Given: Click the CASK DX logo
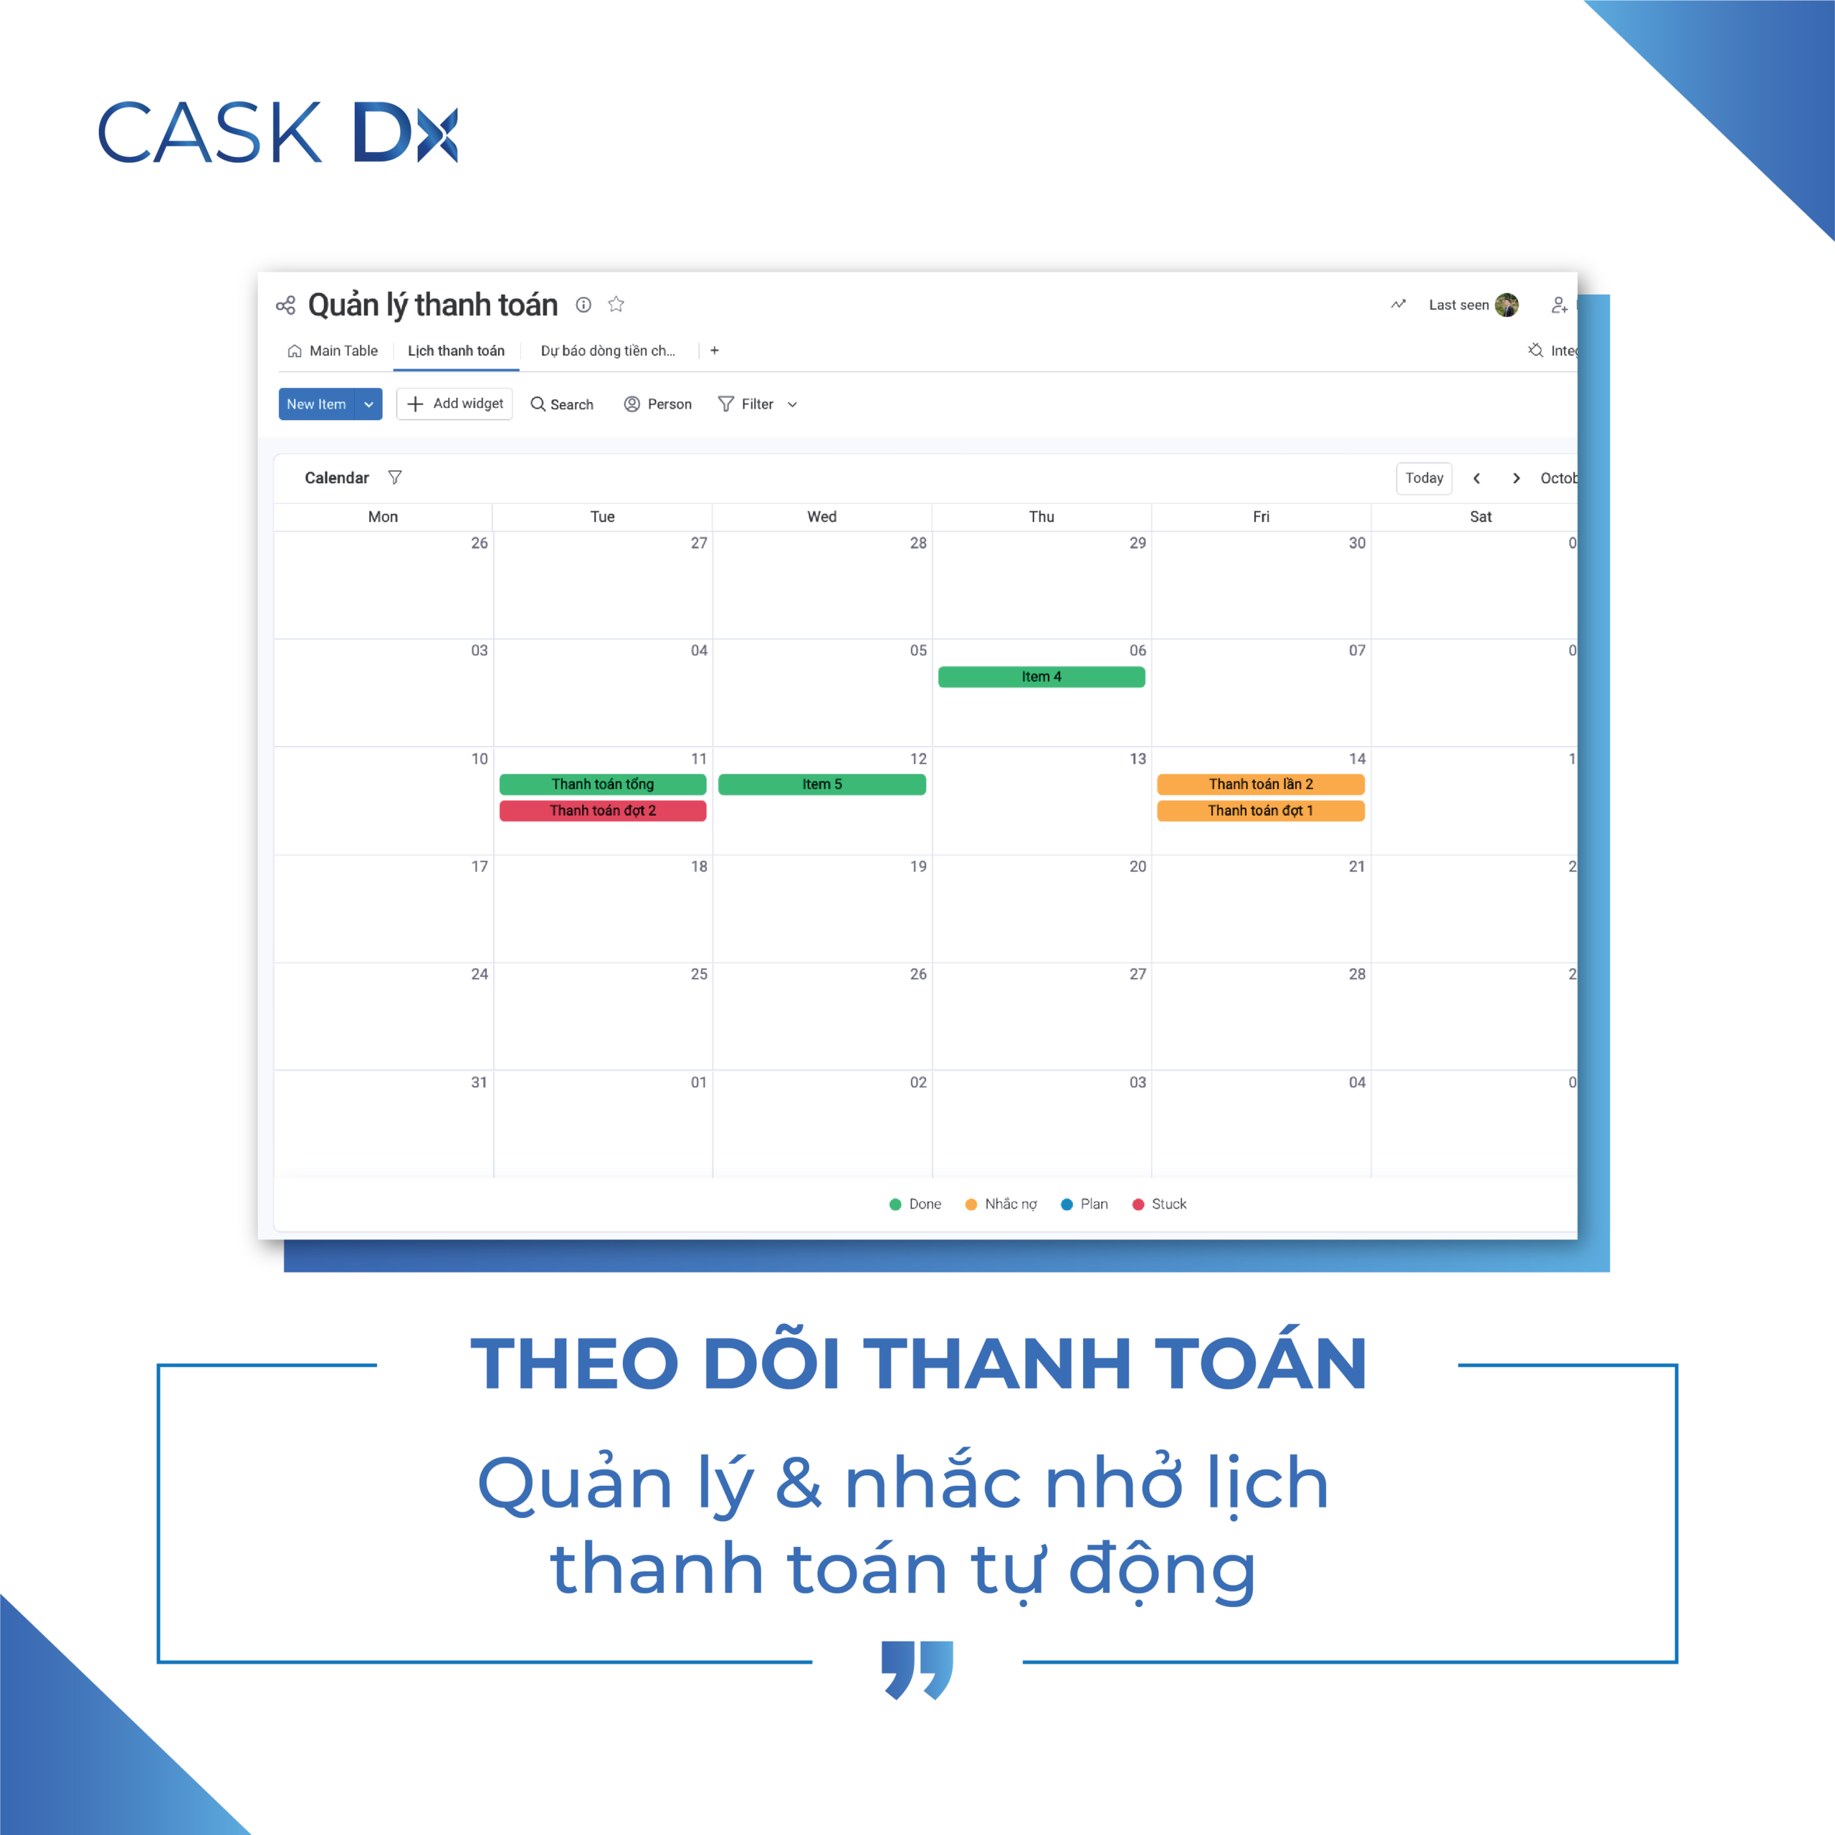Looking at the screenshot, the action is (x=277, y=132).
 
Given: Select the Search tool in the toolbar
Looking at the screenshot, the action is (x=561, y=404).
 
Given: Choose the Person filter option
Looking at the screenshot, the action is (x=657, y=404).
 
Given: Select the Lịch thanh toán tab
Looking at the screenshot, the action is (x=456, y=351).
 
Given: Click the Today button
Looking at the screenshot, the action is (x=1424, y=478).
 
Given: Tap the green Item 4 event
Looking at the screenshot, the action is (x=1041, y=676).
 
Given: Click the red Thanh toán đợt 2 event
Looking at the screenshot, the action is (x=602, y=810).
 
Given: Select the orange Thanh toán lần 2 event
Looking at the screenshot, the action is (x=1260, y=783).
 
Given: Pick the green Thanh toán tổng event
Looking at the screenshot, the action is (x=602, y=783).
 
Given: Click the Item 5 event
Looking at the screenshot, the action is (x=821, y=783).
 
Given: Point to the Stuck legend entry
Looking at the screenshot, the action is (x=1159, y=1204).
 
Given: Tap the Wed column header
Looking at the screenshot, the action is (x=821, y=517).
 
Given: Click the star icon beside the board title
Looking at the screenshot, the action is (x=616, y=304).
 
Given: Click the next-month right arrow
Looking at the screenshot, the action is (x=1516, y=478).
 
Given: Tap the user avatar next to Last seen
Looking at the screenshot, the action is (x=1507, y=305).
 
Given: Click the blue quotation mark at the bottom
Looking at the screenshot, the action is (x=917, y=1669).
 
